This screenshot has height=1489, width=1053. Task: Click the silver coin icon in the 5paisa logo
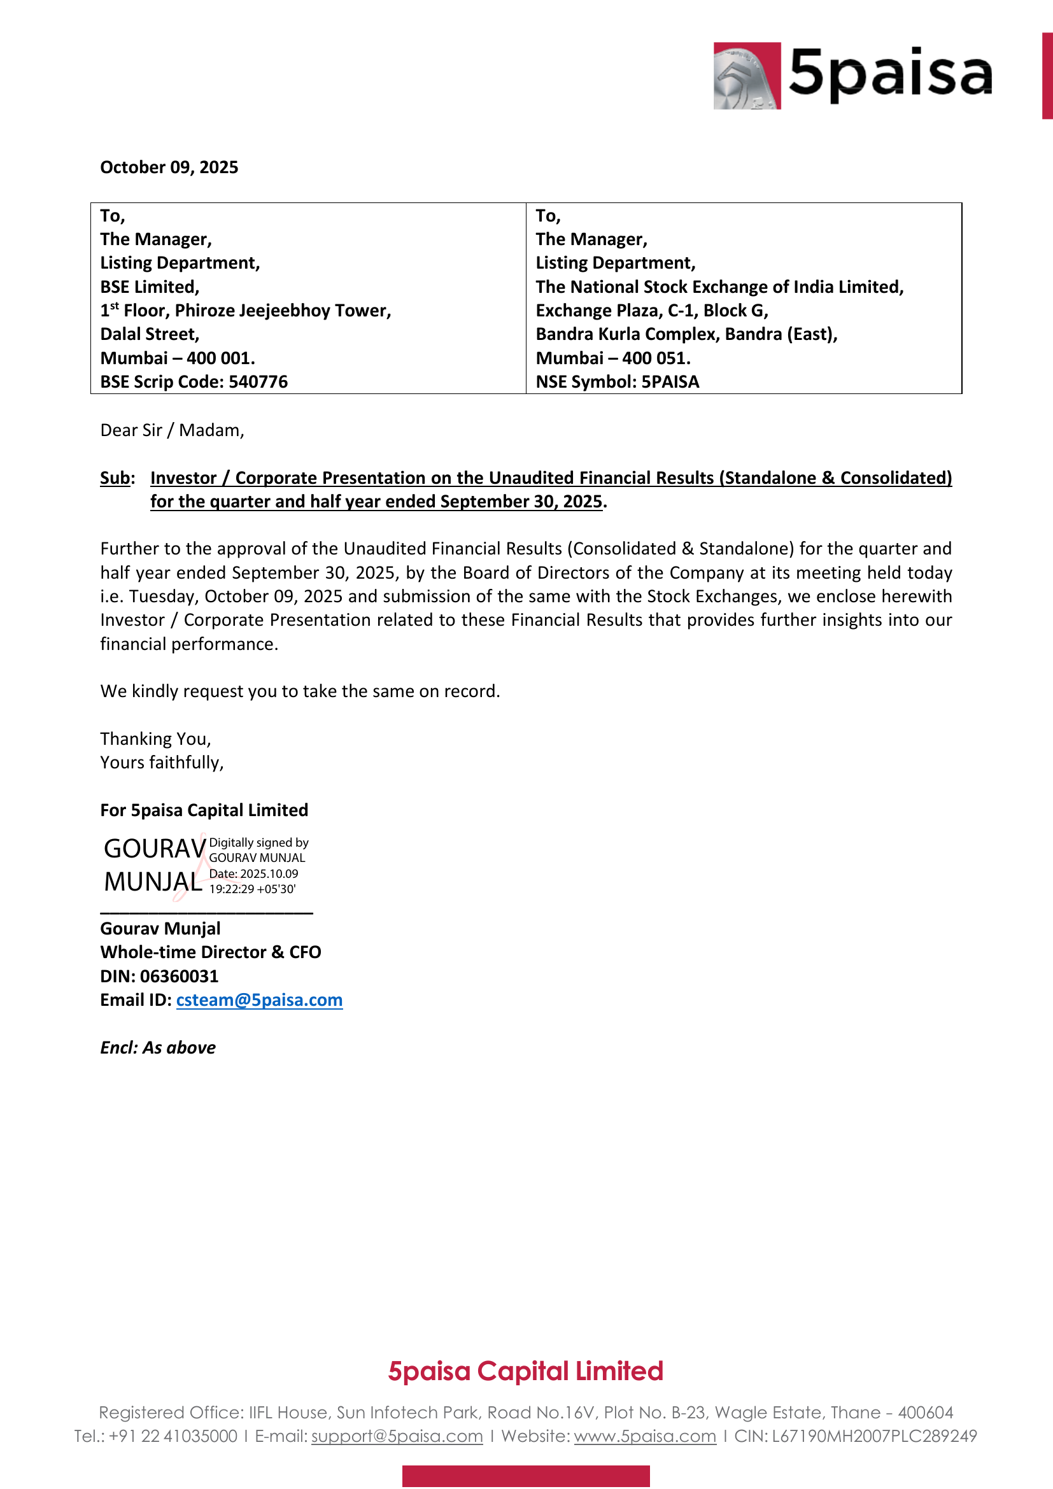point(746,76)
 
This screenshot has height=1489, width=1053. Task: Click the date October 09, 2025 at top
point(169,167)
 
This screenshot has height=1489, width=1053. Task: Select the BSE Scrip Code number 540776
point(258,382)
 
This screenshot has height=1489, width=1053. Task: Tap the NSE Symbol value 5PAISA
point(670,382)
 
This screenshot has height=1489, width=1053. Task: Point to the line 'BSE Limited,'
point(149,286)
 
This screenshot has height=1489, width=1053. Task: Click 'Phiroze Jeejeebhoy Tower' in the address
point(283,311)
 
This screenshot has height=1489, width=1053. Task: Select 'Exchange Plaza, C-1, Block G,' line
point(652,311)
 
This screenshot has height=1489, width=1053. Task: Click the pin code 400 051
point(656,358)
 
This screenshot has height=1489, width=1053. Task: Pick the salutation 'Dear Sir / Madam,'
point(172,430)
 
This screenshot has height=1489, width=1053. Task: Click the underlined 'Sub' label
point(115,478)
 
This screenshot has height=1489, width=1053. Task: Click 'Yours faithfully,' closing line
point(162,763)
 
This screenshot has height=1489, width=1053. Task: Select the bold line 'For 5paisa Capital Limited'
point(204,810)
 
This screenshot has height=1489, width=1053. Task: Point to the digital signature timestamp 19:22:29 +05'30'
point(252,889)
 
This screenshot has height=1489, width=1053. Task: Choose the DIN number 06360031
point(179,977)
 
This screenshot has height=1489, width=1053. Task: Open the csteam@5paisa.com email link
point(258,1001)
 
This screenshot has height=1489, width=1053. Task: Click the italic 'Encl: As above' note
point(157,1048)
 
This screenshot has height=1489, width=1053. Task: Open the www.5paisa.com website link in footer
point(644,1436)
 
